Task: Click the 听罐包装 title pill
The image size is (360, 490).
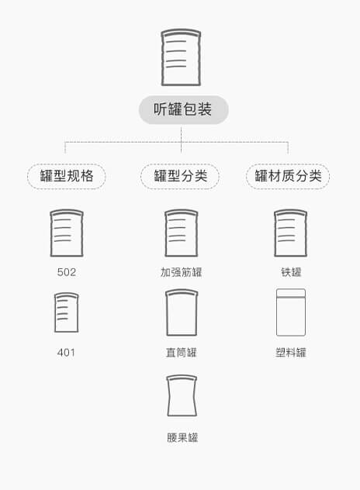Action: click(x=184, y=109)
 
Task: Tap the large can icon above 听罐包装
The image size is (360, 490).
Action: click(x=181, y=57)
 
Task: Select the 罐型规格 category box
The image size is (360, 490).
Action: click(x=67, y=176)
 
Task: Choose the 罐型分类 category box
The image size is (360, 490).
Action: click(x=180, y=176)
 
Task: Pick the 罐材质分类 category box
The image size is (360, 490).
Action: click(x=288, y=176)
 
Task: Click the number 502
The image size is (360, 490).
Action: click(x=67, y=272)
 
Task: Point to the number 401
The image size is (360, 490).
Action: click(x=66, y=353)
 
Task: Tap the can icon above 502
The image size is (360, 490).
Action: click(x=67, y=233)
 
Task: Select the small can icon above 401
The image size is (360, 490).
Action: click(x=66, y=312)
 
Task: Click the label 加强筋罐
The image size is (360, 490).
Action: click(x=181, y=272)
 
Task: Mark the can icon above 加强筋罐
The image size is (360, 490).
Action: click(x=182, y=233)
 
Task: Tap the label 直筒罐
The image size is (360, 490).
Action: click(x=181, y=353)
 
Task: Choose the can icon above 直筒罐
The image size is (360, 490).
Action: click(x=182, y=312)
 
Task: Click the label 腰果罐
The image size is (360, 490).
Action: click(x=182, y=437)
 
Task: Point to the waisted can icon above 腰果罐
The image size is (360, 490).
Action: click(x=182, y=395)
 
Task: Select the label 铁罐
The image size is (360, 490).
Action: click(x=291, y=272)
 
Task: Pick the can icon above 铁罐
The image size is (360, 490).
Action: click(x=291, y=233)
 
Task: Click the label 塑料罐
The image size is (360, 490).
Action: click(x=291, y=353)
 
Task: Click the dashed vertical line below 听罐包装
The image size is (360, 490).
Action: click(x=181, y=140)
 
